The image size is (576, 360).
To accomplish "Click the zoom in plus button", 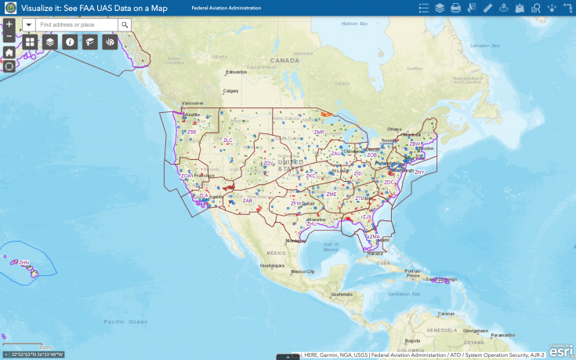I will pyautogui.click(x=9, y=24).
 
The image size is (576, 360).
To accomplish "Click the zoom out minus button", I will pyautogui.click(x=9, y=37).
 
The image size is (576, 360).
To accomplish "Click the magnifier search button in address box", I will pyautogui.click(x=124, y=25).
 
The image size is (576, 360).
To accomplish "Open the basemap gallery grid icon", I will pyautogui.click(x=30, y=42).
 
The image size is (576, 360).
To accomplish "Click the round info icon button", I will pyautogui.click(x=70, y=42).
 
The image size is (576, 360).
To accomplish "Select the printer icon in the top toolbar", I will pyautogui.click(x=455, y=8).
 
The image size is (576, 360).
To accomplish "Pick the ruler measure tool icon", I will pyautogui.click(x=487, y=8).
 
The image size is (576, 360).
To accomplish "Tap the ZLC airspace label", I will pyautogui.click(x=228, y=140).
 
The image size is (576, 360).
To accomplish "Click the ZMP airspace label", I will pyautogui.click(x=319, y=133).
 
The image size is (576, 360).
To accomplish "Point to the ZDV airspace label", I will pyautogui.click(x=268, y=163).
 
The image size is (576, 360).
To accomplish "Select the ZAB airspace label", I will pyautogui.click(x=247, y=201).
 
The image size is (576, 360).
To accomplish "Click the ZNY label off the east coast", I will pyautogui.click(x=419, y=172).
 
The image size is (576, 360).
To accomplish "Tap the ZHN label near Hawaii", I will pyautogui.click(x=24, y=263).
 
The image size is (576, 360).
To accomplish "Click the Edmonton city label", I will pyautogui.click(x=236, y=72).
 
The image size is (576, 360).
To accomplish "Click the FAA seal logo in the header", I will pyautogui.click(x=11, y=8).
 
